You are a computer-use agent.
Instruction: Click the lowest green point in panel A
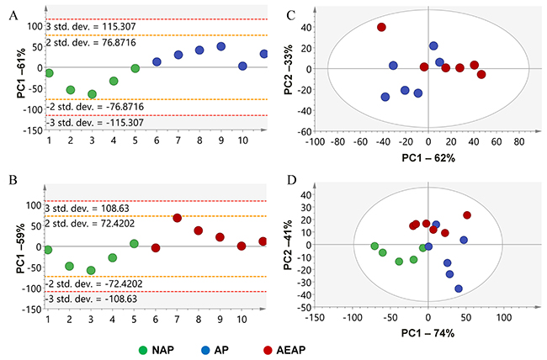[x=92, y=94]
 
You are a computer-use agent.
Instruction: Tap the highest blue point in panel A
[x=221, y=47]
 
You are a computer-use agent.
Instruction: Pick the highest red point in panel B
[x=178, y=218]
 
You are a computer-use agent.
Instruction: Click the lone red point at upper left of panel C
[x=381, y=27]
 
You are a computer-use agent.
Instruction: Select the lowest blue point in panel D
[x=459, y=289]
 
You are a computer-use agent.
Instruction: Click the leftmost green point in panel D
[x=374, y=246]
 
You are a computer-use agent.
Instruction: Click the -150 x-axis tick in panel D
[x=316, y=316]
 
